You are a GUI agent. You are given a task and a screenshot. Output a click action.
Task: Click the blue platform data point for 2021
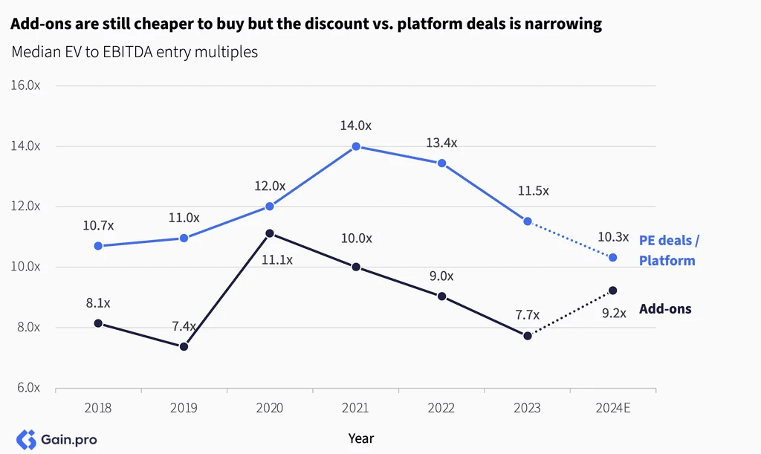coord(356,146)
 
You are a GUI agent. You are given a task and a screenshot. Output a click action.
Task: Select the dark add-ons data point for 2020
coord(270,233)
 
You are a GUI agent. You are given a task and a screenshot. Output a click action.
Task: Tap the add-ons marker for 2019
coord(184,346)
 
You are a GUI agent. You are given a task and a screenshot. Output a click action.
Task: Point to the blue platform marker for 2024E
coord(612,258)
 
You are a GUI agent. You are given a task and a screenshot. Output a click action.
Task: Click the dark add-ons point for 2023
coord(528,336)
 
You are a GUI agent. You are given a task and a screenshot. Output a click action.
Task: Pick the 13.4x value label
coord(441,143)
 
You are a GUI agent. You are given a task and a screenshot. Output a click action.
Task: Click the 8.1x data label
coord(98,303)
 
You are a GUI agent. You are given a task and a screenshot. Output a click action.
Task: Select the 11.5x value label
coord(533,191)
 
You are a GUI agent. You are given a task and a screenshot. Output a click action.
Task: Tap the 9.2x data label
coord(614,314)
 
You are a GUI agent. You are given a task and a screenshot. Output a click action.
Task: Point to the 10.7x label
coord(98,226)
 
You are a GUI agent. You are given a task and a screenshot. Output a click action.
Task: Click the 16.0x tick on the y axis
coord(25,85)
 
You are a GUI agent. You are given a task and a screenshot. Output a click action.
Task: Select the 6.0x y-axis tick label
coord(28,388)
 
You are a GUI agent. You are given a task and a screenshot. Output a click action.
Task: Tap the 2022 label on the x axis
coord(441,407)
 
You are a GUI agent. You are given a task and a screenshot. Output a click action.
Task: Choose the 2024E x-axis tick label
coord(613,407)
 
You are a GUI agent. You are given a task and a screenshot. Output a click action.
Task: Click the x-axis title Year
coord(361,438)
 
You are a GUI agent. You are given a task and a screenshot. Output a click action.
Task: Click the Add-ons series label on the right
coord(665,309)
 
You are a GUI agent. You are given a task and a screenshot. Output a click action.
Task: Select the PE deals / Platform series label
coord(669,250)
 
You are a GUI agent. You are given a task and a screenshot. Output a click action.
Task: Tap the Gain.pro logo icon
coord(26,439)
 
